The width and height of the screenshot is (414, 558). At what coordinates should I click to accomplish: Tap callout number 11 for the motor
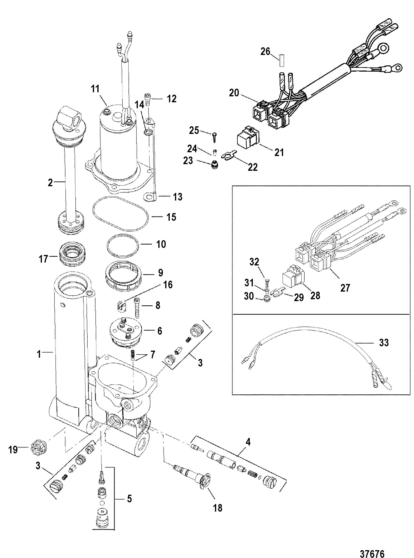coord(95,89)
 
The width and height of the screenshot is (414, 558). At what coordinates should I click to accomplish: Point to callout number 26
coord(265,52)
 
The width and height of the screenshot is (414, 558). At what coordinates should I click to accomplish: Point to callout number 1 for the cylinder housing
coord(39,354)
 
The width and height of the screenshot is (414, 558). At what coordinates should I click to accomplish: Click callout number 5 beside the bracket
coord(129,499)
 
